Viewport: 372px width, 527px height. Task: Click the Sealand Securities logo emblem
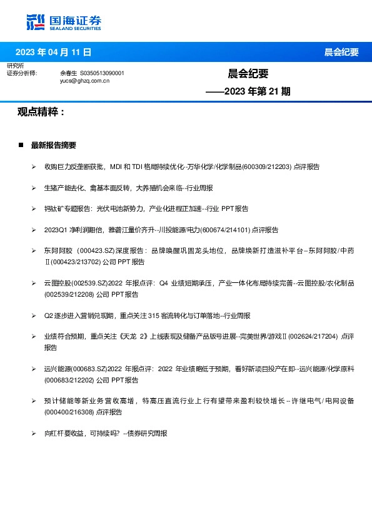(x=36, y=22)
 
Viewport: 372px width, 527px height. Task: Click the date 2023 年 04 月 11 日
(x=53, y=52)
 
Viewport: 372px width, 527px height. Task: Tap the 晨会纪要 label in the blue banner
(x=341, y=52)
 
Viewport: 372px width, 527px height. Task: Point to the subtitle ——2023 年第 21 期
(x=248, y=91)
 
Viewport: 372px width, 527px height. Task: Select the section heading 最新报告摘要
(x=54, y=145)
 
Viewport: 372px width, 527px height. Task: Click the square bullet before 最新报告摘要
(x=22, y=145)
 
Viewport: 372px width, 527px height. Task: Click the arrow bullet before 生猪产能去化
(x=34, y=188)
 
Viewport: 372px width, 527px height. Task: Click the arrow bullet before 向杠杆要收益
(x=34, y=433)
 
